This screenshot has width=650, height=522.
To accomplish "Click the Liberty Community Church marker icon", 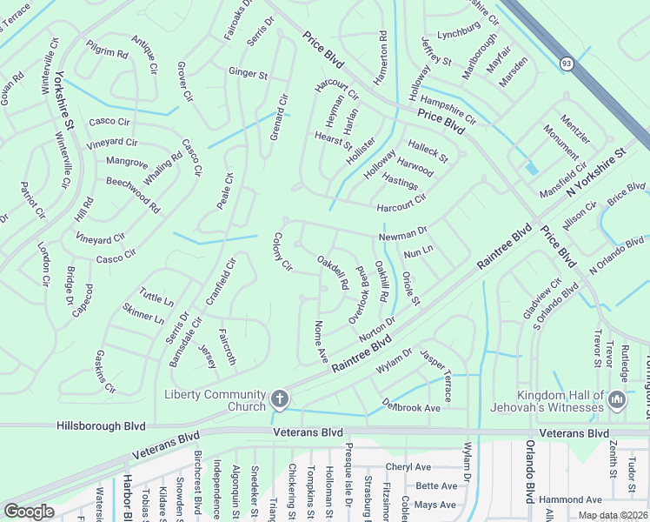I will click(x=279, y=399).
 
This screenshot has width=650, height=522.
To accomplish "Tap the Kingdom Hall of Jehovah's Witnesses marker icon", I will click(x=617, y=400).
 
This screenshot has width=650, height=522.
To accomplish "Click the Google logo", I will click(x=29, y=512).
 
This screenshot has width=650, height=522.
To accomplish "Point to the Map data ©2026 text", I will click(x=612, y=515).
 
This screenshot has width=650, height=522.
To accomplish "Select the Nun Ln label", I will click(x=418, y=251).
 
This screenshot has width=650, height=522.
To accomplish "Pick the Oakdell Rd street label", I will click(x=332, y=272).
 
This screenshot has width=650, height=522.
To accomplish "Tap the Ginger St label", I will click(x=248, y=74).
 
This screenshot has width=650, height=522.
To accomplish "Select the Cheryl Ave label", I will click(x=409, y=467).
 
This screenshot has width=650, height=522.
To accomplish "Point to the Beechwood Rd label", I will click(x=132, y=195).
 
